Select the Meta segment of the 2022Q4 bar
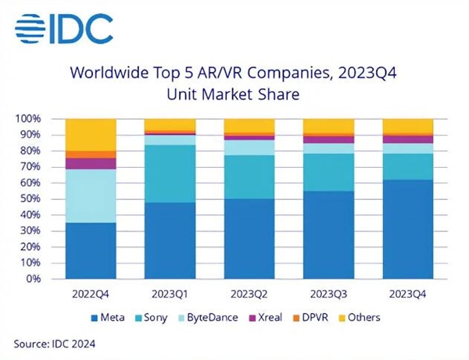click(x=91, y=250)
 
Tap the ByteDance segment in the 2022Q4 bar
click(x=91, y=195)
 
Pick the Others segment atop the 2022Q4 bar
click(x=91, y=134)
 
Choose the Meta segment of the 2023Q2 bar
click(x=249, y=238)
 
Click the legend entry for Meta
click(x=110, y=318)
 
